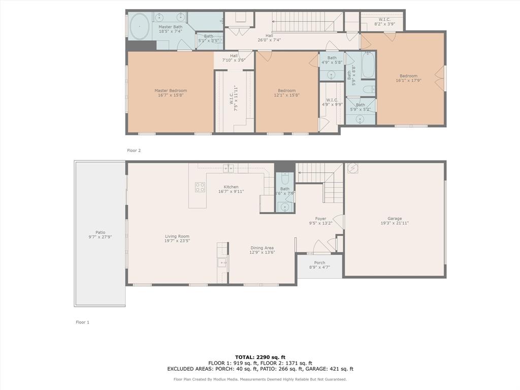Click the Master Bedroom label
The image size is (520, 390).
(171, 91)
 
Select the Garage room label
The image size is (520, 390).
(395, 218)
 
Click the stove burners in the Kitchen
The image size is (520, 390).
(200, 187)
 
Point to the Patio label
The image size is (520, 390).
(100, 233)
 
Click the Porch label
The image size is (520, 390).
(319, 263)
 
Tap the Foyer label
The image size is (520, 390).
(320, 219)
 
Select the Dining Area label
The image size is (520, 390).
(262, 248)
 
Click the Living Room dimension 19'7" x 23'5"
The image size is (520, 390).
(177, 241)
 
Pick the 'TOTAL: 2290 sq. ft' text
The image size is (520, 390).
(260, 357)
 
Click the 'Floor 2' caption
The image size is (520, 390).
(134, 150)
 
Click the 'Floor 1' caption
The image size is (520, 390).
(82, 322)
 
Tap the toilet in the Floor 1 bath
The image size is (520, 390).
(285, 179)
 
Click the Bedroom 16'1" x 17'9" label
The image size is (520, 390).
(408, 76)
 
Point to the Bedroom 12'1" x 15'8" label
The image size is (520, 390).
(286, 91)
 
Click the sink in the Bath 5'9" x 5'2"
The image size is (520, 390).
(360, 119)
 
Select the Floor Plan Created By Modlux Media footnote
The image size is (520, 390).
(260, 379)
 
